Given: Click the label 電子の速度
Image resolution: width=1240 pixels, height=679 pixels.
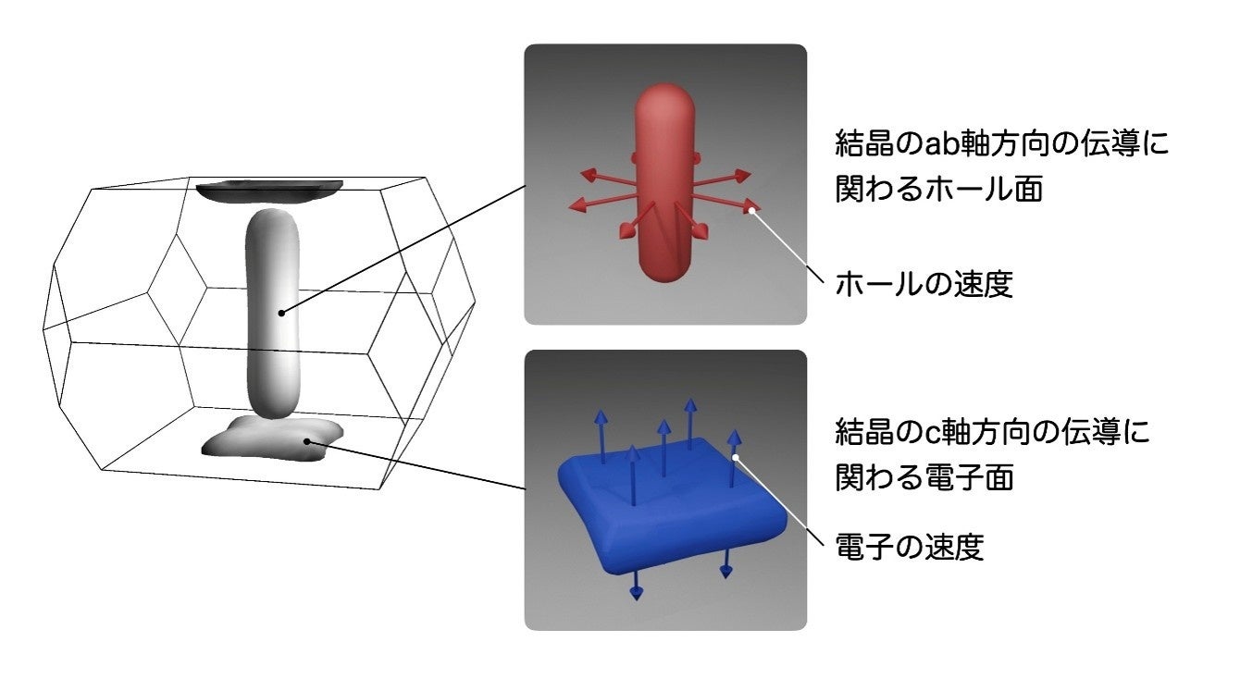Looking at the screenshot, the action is click(x=909, y=547).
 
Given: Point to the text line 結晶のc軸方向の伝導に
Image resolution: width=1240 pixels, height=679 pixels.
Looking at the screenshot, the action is click(x=993, y=432).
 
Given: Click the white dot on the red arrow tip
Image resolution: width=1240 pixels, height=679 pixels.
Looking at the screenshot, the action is click(x=753, y=211).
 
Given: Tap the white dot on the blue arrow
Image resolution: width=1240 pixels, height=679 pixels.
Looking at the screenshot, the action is click(x=736, y=456).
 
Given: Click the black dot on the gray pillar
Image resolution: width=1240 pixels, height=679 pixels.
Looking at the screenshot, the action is click(x=281, y=313).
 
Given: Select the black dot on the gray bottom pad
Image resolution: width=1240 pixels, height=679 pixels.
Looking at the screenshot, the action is click(x=307, y=443).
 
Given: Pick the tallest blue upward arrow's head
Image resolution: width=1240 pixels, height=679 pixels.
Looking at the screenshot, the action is click(x=690, y=405).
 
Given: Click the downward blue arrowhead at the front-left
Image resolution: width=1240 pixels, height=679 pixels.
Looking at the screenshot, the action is click(x=636, y=592).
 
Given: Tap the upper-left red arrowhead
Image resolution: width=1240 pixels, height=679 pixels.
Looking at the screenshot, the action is click(x=587, y=173).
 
